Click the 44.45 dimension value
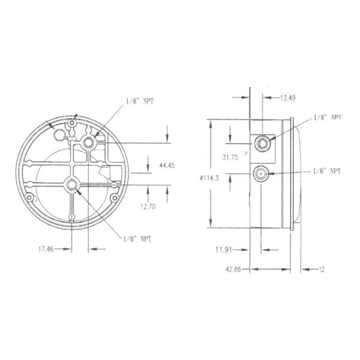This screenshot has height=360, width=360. (x=167, y=166)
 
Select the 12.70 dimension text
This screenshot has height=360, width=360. (x=158, y=208)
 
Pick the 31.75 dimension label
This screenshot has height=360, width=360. (x=230, y=158)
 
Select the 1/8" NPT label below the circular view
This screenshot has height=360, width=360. (x=137, y=238)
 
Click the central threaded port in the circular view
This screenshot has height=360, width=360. (x=72, y=185)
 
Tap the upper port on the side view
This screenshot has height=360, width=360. (x=262, y=142)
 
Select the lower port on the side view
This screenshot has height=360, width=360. (x=262, y=173)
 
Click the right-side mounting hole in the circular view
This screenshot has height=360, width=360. (x=114, y=199)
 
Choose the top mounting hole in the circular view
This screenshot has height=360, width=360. (x=73, y=123)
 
